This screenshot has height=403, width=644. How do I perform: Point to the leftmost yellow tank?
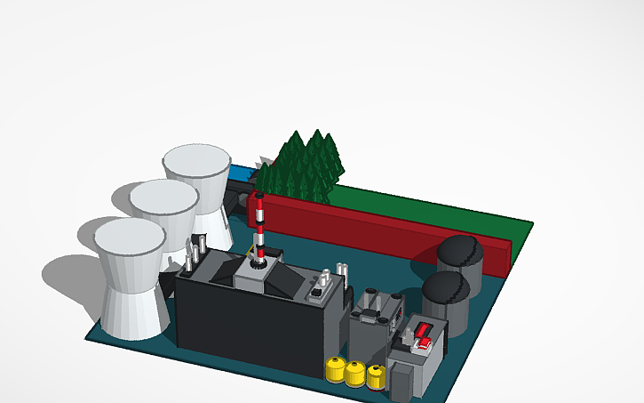[x=336, y=369]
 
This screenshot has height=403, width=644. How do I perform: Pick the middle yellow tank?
[x=357, y=374]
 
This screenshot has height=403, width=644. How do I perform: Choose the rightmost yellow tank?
[x=377, y=377]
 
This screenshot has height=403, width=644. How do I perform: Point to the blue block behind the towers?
[x=239, y=173]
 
